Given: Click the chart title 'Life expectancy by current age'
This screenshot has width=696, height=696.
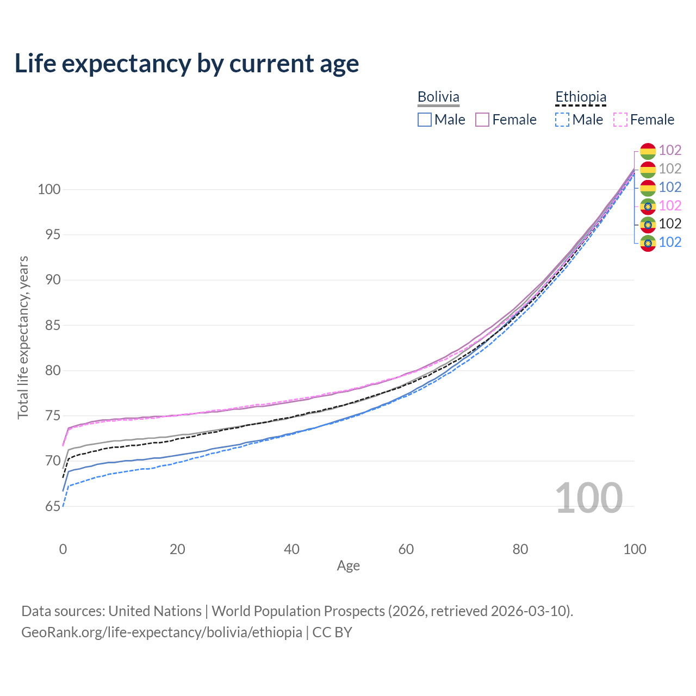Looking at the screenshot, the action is [187, 64].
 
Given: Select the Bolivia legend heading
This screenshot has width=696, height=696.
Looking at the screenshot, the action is [438, 97].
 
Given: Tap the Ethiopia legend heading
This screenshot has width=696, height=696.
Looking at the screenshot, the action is [580, 97].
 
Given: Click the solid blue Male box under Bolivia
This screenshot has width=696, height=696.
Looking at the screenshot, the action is [424, 120].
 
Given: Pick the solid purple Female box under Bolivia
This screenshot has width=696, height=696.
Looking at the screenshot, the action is [482, 120].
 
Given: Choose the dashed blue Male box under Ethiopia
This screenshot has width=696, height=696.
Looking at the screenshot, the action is [562, 120].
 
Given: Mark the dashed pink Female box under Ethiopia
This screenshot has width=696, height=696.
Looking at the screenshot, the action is [620, 120].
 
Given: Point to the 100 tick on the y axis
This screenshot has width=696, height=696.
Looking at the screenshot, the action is [49, 189].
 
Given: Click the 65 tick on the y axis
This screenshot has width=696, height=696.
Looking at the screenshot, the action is [53, 506].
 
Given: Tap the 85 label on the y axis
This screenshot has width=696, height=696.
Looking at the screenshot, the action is [53, 325].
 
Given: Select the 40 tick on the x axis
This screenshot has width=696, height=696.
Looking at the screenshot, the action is [291, 549].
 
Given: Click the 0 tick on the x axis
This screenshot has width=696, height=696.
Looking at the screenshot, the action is [63, 549].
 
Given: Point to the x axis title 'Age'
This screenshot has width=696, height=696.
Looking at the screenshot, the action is [348, 566].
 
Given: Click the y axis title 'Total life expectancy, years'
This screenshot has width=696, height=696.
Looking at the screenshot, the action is [23, 338].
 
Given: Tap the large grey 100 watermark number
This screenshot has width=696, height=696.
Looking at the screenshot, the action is [589, 498].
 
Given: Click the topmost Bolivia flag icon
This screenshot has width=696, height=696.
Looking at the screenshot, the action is [648, 151].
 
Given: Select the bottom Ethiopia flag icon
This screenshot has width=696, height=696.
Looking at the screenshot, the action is [648, 243].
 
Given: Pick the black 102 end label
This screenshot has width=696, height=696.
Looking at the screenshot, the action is [670, 224].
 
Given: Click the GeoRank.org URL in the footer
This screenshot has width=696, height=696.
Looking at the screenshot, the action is [162, 632].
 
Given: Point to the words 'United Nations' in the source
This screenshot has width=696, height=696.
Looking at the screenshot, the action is [155, 611].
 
